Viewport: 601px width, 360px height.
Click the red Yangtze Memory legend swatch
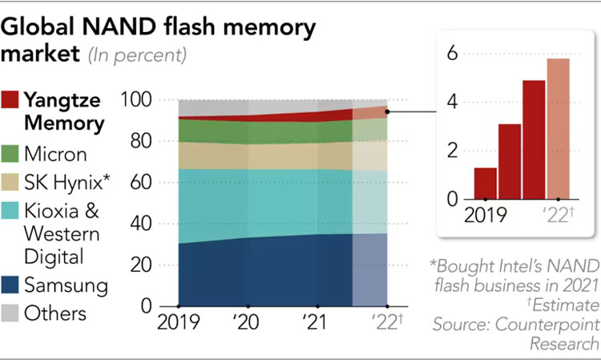pyautogui.click(x=10, y=101)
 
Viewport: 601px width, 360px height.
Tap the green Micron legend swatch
pyautogui.click(x=10, y=153)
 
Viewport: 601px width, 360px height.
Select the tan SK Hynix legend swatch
pyautogui.click(x=10, y=181)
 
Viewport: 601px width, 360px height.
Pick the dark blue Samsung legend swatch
pyautogui.click(x=10, y=285)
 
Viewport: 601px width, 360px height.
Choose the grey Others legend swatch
pyautogui.click(x=10, y=313)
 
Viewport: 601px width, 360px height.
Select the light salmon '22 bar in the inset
pyautogui.click(x=559, y=128)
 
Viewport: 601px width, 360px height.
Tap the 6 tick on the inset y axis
pyautogui.click(x=453, y=54)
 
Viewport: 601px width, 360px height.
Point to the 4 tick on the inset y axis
pyautogui.click(x=453, y=103)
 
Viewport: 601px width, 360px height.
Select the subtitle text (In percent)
pyautogui.click(x=139, y=56)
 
